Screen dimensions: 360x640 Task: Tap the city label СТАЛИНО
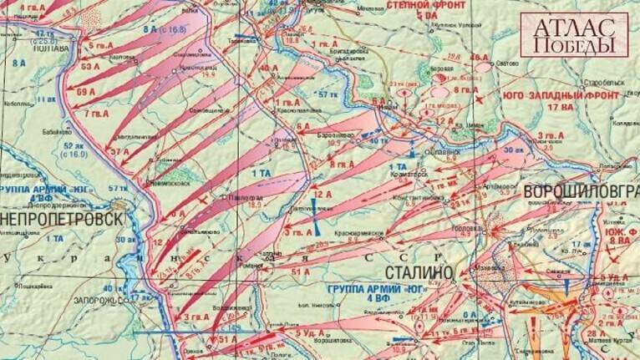click(419, 272)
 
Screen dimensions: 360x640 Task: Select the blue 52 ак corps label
click(75, 145)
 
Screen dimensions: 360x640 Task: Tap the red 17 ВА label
click(549, 107)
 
